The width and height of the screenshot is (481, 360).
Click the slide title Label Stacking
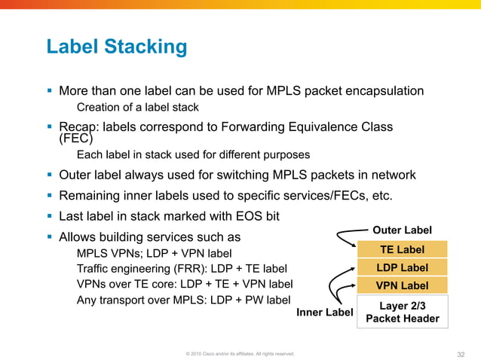tap(117, 47)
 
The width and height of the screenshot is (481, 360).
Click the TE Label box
tap(402, 249)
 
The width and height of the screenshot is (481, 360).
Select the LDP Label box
tap(402, 267)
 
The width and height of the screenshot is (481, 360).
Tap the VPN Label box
tap(402, 285)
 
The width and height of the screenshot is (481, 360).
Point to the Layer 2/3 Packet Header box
tap(402, 312)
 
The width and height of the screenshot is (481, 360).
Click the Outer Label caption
tap(403, 230)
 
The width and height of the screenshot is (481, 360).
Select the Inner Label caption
tap(324, 311)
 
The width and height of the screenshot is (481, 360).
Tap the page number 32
tap(462, 353)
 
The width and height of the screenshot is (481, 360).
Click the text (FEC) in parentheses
tap(75, 139)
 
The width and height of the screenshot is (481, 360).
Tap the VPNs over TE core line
tap(185, 284)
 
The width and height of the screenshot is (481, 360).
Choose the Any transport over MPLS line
tap(183, 300)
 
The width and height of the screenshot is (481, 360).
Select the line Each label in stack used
tap(193, 155)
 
